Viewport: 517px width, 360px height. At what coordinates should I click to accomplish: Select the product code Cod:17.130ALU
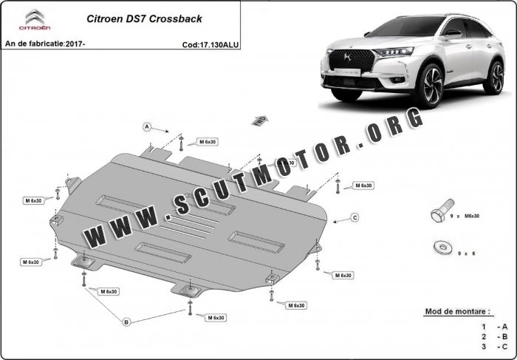point(210,44)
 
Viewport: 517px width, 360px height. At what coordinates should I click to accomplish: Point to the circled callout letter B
point(126,322)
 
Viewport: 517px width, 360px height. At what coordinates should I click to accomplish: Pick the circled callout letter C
point(355,217)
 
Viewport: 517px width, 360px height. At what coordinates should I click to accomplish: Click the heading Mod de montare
point(458,312)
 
